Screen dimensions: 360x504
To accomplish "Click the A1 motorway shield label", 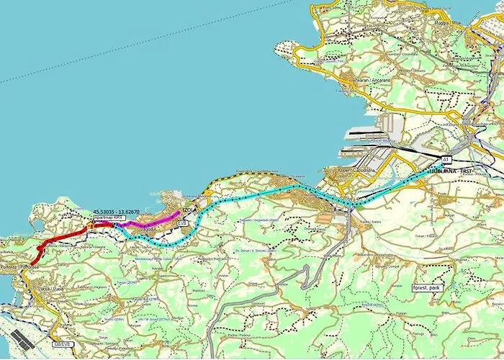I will (x=446, y=158).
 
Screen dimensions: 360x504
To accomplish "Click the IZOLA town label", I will (x=190, y=210).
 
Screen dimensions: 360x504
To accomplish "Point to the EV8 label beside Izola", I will (x=184, y=224).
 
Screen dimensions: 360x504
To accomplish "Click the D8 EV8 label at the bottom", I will (x=64, y=344).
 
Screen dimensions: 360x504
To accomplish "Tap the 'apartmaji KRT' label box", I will (x=109, y=217).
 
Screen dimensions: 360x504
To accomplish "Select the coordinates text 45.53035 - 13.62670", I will (x=117, y=211).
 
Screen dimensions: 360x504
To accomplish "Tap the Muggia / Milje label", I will (x=450, y=23).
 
